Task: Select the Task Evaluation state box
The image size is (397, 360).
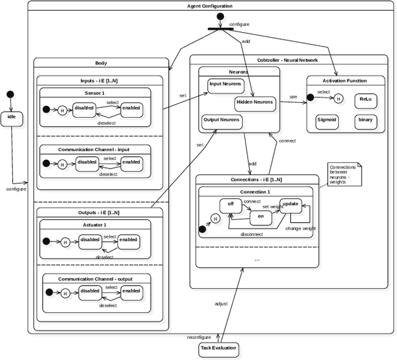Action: coord(218,349)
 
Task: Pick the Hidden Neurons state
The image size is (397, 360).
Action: coord(254,102)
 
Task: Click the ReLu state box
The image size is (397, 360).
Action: coord(365,99)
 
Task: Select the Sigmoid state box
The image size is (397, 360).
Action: coord(327,121)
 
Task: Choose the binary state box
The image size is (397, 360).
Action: coord(365,121)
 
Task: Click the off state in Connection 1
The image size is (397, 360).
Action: coord(230,204)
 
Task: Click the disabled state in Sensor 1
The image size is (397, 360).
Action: coord(84,109)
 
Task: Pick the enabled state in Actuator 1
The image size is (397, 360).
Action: coord(128,240)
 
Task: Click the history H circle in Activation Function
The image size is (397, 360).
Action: coord(338,98)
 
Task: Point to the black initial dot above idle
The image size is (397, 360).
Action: coord(10,94)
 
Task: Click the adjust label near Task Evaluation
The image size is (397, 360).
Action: coord(221,304)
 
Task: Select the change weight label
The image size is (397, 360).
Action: coord(300,229)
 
